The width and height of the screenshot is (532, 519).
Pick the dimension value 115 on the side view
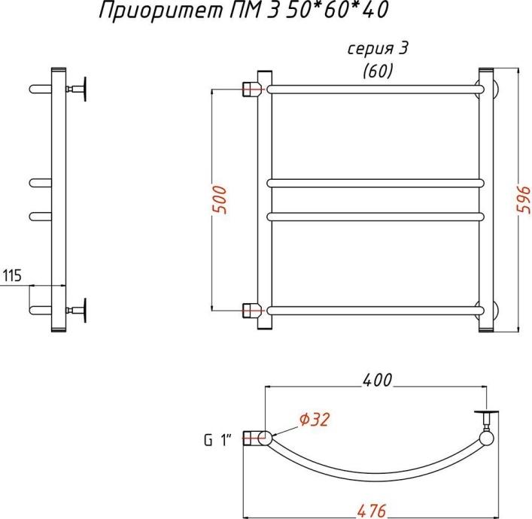coord(13,275)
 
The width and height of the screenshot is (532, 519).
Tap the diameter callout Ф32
coord(315,419)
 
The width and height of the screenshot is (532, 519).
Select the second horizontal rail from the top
coord(375,182)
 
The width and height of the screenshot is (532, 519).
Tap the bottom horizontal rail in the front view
coord(375,309)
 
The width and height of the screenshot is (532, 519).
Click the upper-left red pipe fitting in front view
coord(250,90)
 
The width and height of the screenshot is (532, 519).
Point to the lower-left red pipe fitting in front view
coord(250,309)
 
